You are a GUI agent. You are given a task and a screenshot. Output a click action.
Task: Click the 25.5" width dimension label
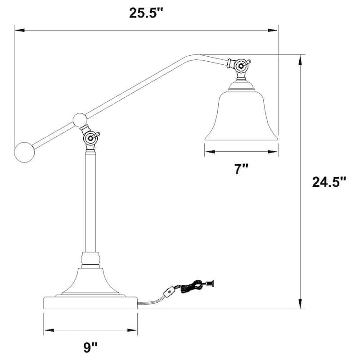pos(145,13)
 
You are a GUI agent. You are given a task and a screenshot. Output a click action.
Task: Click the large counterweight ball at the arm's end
pos(24,152)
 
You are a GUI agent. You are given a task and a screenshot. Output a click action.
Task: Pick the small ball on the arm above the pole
pos(79,120)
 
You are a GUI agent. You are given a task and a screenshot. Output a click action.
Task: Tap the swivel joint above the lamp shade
pos(241,65)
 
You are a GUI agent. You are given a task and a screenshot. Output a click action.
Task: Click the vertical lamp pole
pos(90,202)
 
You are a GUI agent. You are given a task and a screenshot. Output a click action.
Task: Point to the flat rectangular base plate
pos(90,302)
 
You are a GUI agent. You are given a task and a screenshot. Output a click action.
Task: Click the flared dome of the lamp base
pos(90,281)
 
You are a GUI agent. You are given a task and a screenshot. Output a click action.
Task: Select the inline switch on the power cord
pos(170,293)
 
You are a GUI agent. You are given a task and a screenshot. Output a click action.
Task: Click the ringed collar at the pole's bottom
pos(90,259)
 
